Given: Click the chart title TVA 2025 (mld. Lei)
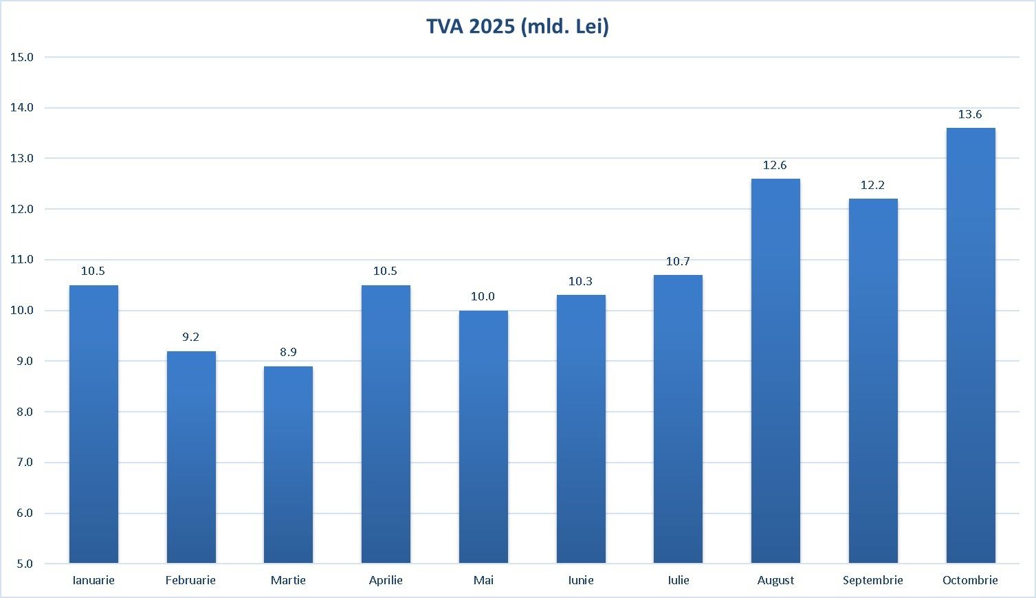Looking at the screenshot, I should point(517,26).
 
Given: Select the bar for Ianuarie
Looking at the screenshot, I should point(93,424).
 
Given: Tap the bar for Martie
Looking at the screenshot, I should point(288,465).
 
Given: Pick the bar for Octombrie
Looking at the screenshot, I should point(970,346).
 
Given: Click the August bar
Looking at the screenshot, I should point(775,371).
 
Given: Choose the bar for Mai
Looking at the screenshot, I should point(483,437).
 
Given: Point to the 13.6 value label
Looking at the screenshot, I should point(970,115).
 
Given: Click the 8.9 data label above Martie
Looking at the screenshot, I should point(288,353).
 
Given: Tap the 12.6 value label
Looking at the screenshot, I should point(775,166).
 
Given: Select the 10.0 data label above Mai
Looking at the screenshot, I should point(483,297).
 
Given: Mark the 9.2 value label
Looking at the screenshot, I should point(190,337).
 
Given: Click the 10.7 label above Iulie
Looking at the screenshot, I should point(678,262).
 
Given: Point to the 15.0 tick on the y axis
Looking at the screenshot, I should point(22,57).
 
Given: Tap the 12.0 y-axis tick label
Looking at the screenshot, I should point(22,209).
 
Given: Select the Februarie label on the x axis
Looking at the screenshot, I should point(190,581).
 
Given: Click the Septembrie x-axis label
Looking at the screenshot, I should point(873,581).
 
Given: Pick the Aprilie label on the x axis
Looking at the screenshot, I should point(386,581).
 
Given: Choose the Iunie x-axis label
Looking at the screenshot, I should point(581,581).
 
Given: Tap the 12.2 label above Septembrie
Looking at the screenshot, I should point(872,186).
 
